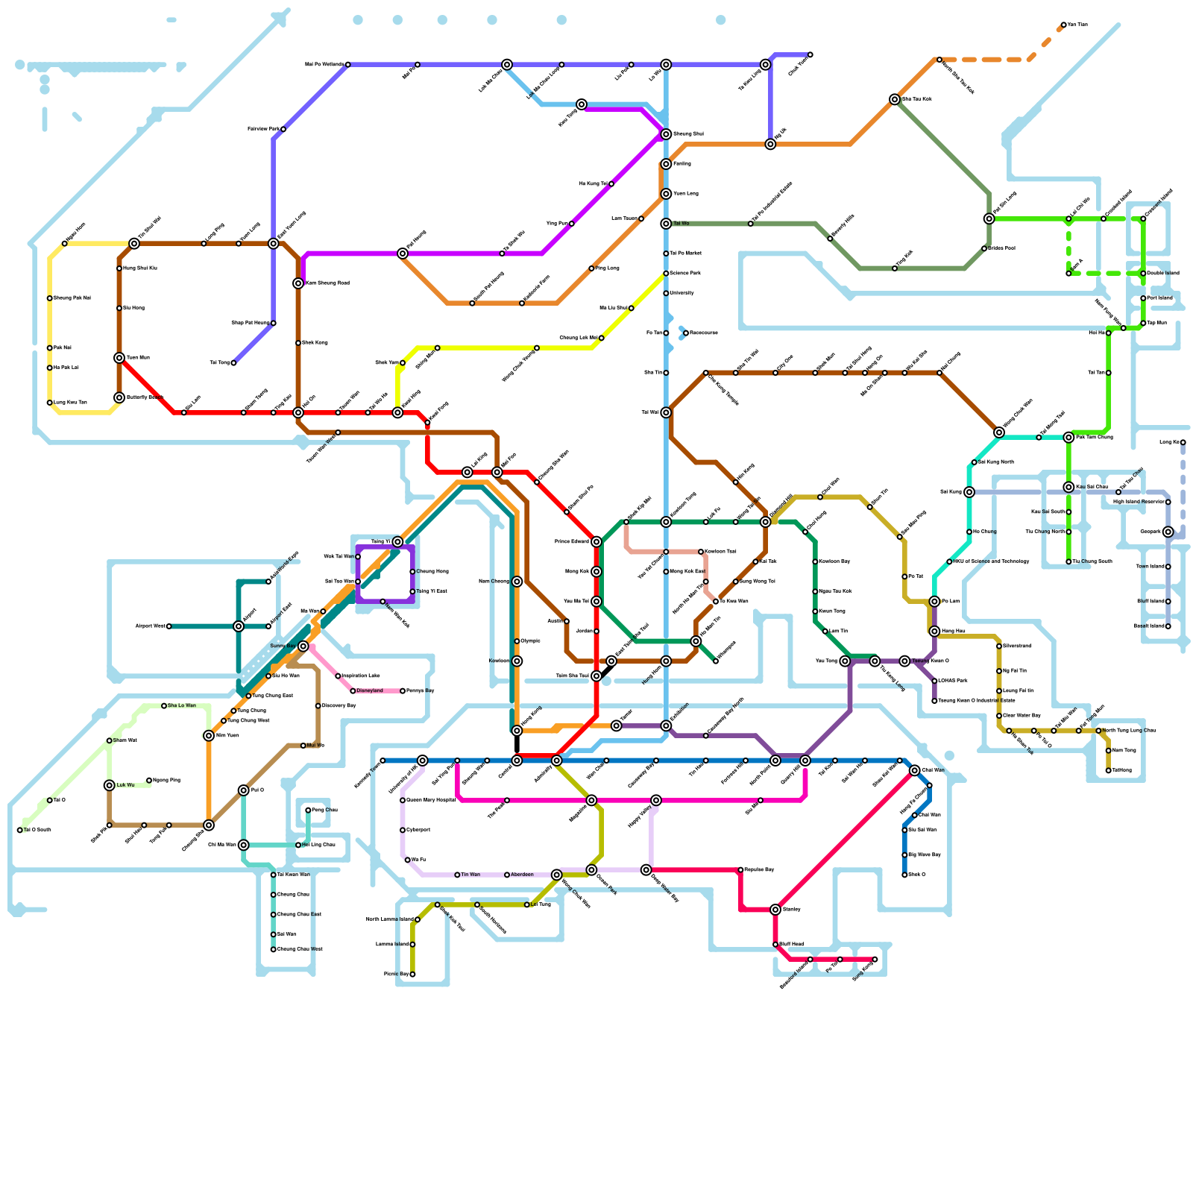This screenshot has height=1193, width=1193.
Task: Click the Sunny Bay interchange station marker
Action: point(303,646)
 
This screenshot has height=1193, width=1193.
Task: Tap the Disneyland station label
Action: point(369,690)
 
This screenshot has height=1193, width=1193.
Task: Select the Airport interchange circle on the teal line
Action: point(239,626)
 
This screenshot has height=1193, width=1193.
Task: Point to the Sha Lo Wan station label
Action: point(181,705)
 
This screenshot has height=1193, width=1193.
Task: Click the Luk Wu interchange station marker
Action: point(110,785)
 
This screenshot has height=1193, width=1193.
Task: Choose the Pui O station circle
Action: point(244,790)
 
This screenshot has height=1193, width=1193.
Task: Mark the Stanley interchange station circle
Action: point(775,910)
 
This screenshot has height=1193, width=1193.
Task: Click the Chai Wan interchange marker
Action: point(915,770)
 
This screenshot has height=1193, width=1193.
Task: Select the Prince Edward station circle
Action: point(596,541)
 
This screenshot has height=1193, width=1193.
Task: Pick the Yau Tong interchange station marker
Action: point(845,661)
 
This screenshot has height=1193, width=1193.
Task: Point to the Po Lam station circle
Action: point(934,601)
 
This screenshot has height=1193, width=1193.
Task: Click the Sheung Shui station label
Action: point(688,134)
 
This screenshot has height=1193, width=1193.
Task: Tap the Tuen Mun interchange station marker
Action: point(119,358)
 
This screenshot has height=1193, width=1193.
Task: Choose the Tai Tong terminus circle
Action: point(233,363)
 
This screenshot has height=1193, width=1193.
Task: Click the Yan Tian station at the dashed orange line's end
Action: point(1063,25)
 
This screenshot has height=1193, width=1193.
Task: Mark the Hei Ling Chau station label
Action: point(318,845)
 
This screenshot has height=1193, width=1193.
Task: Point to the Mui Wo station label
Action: point(315,746)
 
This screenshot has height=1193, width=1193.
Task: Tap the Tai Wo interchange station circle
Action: point(666,224)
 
